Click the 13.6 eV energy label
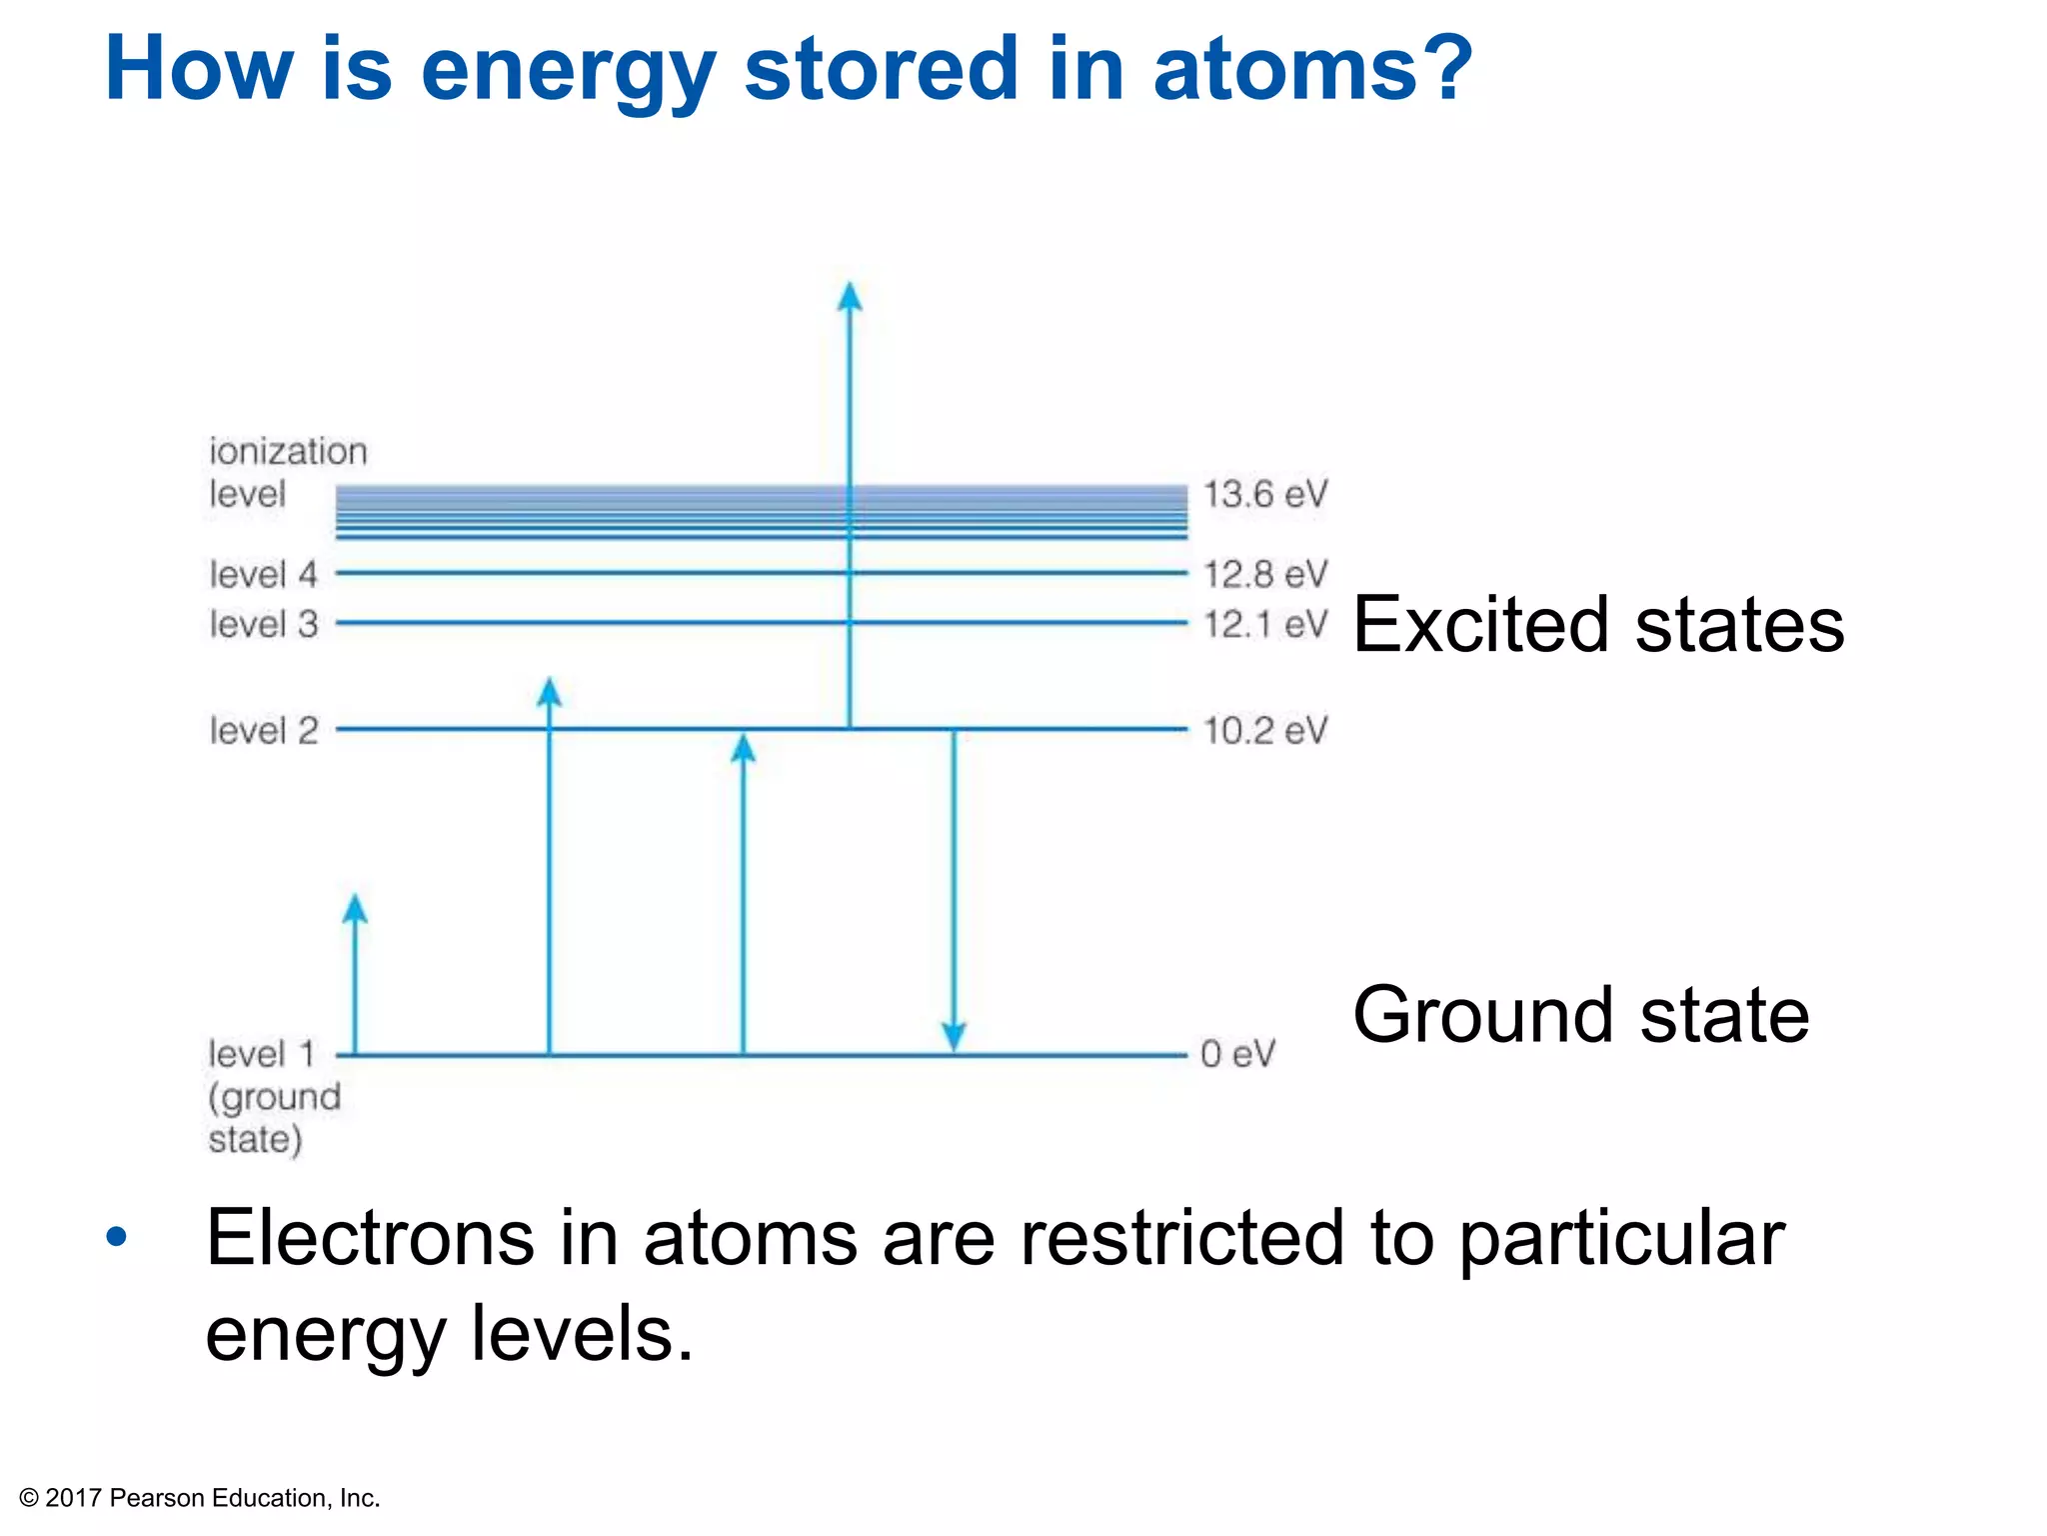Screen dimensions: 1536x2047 [1264, 494]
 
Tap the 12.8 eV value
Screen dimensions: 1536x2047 [1264, 574]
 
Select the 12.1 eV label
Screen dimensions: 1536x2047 [1264, 624]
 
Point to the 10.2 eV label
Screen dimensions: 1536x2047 [1264, 730]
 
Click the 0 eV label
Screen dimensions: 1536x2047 [1237, 1054]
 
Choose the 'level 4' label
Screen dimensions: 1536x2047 [263, 574]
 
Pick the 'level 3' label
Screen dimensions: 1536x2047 [263, 624]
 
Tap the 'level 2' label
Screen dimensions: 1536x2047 [263, 730]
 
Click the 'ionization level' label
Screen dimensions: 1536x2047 [287, 472]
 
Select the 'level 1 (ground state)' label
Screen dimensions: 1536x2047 [274, 1096]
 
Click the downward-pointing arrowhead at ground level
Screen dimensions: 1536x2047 [954, 1037]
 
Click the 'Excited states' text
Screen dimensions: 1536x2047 [1597, 624]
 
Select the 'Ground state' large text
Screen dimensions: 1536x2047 [1580, 1014]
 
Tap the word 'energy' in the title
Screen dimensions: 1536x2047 [568, 70]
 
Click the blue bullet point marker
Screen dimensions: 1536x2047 [117, 1237]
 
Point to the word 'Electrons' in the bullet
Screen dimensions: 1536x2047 [370, 1238]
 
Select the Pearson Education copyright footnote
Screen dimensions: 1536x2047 [200, 1498]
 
